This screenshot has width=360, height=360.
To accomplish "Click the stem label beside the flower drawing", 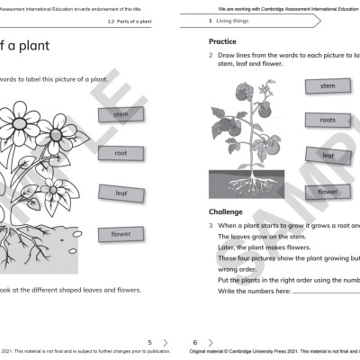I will tap(121, 114).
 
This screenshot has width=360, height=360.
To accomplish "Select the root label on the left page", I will tap(121, 153).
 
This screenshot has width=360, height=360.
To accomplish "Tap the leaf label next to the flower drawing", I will tap(121, 193).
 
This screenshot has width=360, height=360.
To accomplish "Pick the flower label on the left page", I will tap(121, 234).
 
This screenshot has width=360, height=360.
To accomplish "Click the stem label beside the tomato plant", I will tap(328, 86).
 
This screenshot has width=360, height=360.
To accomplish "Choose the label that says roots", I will tap(328, 120).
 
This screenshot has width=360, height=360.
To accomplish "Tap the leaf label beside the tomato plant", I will tap(328, 155).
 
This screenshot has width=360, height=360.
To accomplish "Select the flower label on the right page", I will tap(328, 191).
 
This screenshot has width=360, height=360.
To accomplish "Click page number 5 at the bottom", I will tap(149, 342).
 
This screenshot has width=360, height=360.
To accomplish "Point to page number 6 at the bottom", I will tap(195, 342).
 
